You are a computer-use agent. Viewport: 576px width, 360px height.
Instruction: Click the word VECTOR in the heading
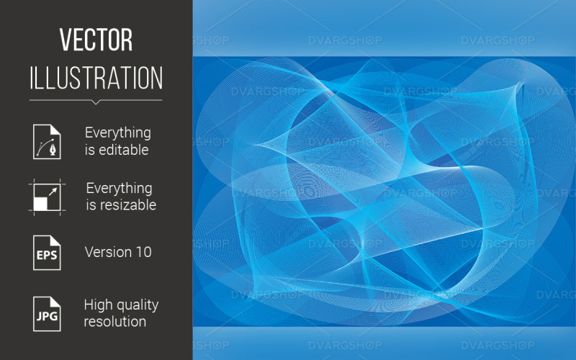(96, 40)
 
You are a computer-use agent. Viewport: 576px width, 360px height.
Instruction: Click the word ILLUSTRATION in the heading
(96, 78)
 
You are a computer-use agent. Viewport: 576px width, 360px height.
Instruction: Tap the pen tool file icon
(47, 141)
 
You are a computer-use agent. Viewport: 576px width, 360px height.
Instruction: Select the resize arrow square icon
(47, 197)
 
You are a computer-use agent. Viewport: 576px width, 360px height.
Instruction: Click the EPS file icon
(47, 253)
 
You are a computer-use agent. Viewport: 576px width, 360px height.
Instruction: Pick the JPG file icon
(47, 314)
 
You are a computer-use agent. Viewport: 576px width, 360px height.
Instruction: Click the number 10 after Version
(143, 252)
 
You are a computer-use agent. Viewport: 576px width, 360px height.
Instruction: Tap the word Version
(109, 252)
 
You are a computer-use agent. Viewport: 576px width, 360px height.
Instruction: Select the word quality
(137, 305)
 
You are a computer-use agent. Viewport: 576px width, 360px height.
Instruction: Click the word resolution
(115, 322)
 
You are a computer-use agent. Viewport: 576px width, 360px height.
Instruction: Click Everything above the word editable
(118, 133)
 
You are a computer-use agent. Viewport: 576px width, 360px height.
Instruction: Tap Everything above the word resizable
(120, 189)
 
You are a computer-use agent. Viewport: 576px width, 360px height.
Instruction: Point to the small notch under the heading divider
(96, 102)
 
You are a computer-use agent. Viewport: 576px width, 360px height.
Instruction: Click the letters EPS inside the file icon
(47, 255)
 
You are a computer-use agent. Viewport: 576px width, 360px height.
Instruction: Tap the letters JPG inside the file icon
(47, 316)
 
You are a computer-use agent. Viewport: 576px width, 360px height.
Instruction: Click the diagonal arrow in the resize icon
(53, 192)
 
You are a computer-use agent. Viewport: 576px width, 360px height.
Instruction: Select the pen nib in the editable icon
(53, 150)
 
